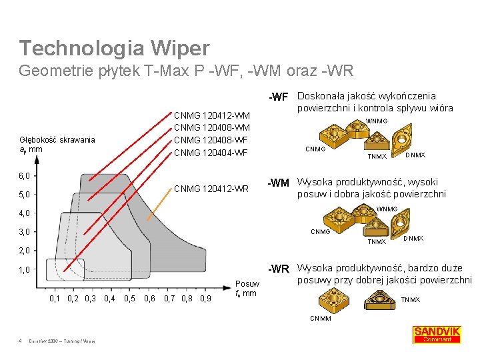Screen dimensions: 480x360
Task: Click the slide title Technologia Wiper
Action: [x=114, y=48]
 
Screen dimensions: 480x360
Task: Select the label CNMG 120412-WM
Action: [x=212, y=115]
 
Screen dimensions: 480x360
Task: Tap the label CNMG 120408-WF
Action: [x=211, y=140]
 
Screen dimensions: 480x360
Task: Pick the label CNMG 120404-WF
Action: [x=211, y=153]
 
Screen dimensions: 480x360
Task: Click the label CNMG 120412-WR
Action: [x=211, y=189]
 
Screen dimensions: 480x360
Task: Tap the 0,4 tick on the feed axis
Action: [x=109, y=298]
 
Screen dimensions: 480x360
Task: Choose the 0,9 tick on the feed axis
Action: [x=205, y=298]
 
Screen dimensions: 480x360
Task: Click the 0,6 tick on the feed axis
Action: [x=150, y=298]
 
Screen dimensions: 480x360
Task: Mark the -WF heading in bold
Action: [x=278, y=97]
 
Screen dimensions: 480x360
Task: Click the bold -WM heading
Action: [x=278, y=183]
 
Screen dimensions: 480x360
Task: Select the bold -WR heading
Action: [x=278, y=269]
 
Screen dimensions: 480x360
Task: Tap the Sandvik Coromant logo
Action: [x=437, y=334]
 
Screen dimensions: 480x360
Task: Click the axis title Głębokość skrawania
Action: [x=57, y=139]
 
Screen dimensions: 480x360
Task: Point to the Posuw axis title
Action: [x=247, y=283]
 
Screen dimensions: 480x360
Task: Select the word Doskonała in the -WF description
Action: [x=322, y=96]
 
